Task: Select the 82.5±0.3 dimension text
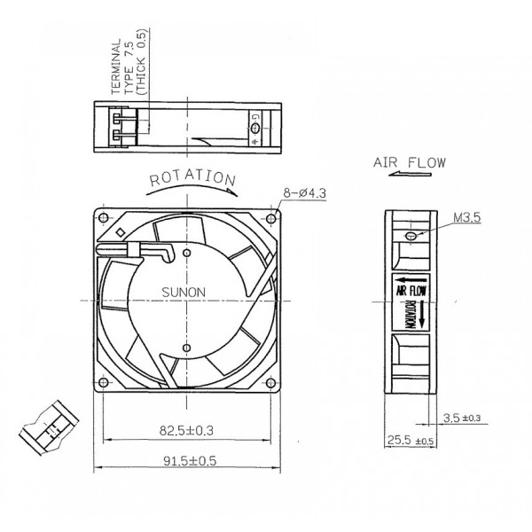point(187,430)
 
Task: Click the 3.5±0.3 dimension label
point(460,417)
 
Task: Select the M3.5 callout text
point(466,215)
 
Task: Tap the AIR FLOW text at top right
point(409,163)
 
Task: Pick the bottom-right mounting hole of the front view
point(270,383)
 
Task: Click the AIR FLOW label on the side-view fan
point(409,289)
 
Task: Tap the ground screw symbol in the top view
point(256,128)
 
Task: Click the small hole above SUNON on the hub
point(187,254)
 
